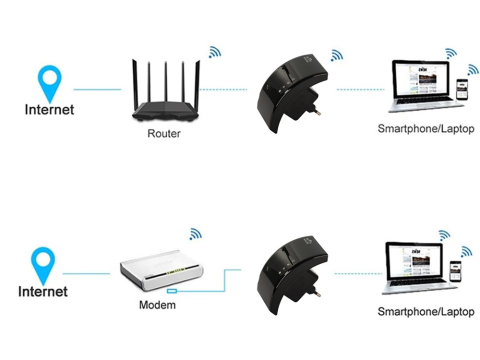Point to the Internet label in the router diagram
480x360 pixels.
48,110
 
